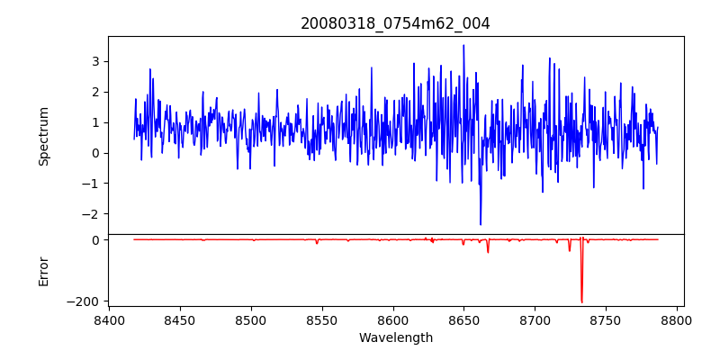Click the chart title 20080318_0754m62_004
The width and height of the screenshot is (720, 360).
[x=395, y=24]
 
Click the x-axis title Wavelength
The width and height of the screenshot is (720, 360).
[x=395, y=338]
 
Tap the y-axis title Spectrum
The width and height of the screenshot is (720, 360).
[x=44, y=136]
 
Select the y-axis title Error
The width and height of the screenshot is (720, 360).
[x=44, y=271]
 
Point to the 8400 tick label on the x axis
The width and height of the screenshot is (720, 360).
[x=109, y=319]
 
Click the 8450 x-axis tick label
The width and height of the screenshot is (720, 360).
[x=180, y=319]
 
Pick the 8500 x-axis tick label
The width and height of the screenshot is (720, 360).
[x=251, y=319]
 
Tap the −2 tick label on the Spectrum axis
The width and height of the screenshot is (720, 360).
[x=90, y=214]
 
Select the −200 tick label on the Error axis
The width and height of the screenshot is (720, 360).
[x=84, y=301]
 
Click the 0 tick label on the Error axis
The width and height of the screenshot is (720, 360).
[x=94, y=240]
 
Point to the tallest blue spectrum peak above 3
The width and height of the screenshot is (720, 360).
[x=463, y=45]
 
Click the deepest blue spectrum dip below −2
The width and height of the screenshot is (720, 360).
[x=481, y=225]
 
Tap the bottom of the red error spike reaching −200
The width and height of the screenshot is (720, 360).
[x=581, y=302]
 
